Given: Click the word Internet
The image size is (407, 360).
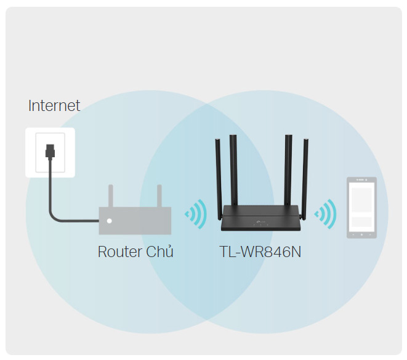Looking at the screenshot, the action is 54,105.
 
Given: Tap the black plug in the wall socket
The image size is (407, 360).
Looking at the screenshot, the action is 50,151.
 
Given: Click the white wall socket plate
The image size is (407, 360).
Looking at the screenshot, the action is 50,153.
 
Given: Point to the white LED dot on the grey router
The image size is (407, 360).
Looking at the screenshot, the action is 109,221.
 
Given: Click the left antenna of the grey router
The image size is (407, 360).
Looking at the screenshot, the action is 111,196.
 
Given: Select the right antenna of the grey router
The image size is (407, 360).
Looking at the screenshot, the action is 159,196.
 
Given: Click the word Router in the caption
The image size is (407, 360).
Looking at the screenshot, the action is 120,252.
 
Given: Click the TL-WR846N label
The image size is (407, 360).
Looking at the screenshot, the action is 260,252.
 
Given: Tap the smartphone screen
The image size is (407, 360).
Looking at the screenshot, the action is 361,207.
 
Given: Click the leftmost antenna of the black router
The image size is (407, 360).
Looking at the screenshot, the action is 219,179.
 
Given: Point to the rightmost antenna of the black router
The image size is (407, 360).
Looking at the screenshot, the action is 305,179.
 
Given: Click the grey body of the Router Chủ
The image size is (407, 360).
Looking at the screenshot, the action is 135,221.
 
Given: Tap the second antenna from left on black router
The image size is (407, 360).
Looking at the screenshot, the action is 233,170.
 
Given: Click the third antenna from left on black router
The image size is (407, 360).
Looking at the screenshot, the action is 288,170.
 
